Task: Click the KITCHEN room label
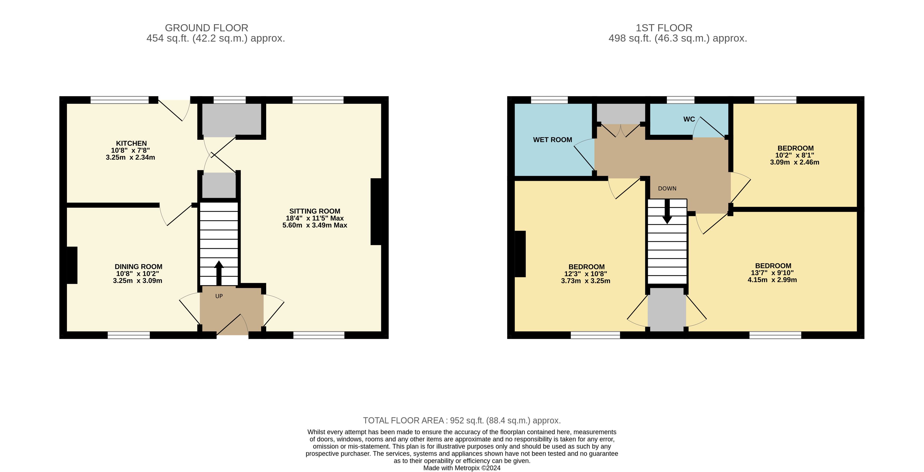point(131,143)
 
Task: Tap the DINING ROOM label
point(139,267)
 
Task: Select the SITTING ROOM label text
point(315,211)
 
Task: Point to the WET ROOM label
point(553,140)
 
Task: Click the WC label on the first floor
point(689,119)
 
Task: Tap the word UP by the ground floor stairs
point(219,296)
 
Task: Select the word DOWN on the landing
point(667,188)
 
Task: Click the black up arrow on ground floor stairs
point(219,273)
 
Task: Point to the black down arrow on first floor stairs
point(667,211)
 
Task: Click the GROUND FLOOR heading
point(207,28)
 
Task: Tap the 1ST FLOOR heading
point(664,28)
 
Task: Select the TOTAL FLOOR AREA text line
point(462,420)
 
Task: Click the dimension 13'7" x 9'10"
point(772,273)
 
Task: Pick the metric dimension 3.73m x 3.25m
point(585,281)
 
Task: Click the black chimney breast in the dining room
point(72,265)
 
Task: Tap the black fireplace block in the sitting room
point(376,211)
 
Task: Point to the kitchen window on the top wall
point(119,100)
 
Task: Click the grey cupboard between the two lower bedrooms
point(667,309)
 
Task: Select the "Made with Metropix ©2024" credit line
point(462,468)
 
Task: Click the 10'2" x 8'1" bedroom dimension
point(795,155)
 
